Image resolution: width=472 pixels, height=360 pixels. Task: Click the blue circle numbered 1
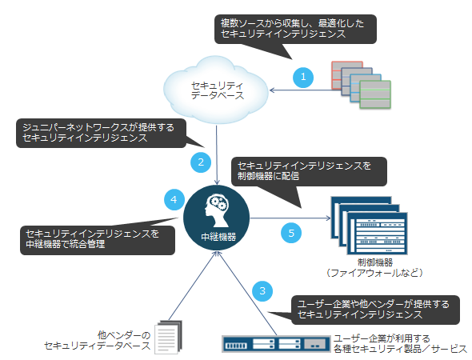click(303, 78)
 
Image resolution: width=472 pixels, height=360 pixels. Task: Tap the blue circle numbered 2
click(201, 162)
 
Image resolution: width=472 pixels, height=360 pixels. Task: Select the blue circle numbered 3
click(262, 291)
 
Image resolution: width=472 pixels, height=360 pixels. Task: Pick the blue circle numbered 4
click(174, 199)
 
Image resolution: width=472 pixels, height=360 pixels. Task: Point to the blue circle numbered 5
click(291, 233)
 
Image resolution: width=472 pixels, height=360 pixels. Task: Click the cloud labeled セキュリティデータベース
click(216, 90)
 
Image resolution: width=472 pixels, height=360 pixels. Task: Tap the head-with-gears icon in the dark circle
click(217, 210)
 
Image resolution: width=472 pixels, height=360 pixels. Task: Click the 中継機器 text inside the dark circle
click(218, 237)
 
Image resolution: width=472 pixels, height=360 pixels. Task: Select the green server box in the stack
click(375, 94)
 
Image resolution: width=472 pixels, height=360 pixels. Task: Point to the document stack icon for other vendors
click(169, 337)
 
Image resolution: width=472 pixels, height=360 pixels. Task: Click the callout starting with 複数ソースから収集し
click(295, 29)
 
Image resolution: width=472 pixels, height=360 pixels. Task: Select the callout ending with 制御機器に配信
click(309, 171)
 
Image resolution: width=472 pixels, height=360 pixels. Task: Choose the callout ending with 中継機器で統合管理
click(98, 240)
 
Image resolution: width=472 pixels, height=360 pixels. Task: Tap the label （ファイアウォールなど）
click(374, 273)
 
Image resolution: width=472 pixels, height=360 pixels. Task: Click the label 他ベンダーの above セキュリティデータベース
click(124, 335)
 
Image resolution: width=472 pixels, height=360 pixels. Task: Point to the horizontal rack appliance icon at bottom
click(276, 344)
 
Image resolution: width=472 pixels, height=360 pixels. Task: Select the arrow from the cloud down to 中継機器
click(217, 155)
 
